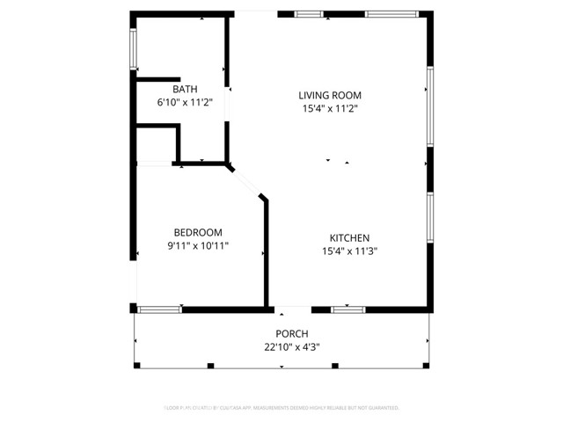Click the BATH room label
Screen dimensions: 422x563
[x=185, y=89]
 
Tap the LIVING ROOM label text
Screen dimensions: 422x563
[x=330, y=95]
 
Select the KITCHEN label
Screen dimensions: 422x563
[x=349, y=237]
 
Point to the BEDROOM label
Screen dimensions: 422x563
[x=198, y=232]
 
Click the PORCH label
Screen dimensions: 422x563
[x=292, y=333]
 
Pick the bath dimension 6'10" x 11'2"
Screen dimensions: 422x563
[x=185, y=102]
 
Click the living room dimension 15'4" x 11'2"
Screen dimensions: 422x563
[x=330, y=108]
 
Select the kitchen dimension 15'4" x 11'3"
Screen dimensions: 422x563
[x=349, y=251]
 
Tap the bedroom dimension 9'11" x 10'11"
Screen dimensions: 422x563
[x=198, y=245]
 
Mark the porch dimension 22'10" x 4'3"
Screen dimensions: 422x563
[x=292, y=346]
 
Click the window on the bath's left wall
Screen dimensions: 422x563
[x=134, y=48]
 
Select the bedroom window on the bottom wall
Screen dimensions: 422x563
[x=160, y=309]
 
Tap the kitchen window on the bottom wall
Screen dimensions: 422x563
[x=348, y=309]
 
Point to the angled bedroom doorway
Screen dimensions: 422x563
[x=247, y=182]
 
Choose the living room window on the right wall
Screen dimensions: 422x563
[x=429, y=106]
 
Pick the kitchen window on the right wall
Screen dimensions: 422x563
[x=429, y=216]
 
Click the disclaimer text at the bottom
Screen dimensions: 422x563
[x=281, y=408]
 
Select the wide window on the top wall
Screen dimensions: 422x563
[x=391, y=14]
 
